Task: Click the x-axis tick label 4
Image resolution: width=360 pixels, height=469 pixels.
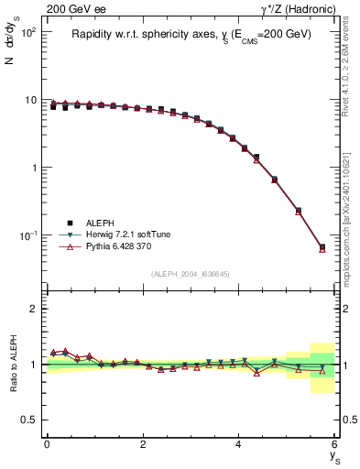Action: [238, 444]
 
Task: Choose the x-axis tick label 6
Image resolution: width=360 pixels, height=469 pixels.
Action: [334, 444]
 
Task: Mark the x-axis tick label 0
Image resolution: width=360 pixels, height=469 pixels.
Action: [47, 444]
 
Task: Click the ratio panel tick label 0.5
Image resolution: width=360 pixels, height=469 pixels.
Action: [28, 420]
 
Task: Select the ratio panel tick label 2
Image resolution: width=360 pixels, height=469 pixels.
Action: [34, 309]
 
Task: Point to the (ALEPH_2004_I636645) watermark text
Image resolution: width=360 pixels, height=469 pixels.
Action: [191, 274]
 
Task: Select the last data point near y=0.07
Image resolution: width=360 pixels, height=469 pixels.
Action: [322, 247]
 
